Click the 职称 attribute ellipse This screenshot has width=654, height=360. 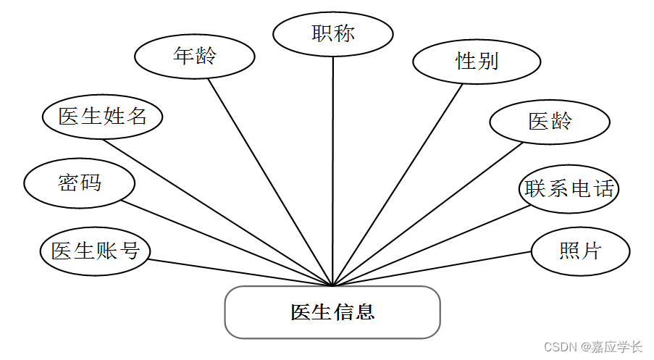[333, 33]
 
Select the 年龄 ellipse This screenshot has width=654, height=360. [196, 56]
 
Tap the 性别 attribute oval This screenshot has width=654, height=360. [477, 62]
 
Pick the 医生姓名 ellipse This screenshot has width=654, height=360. [101, 117]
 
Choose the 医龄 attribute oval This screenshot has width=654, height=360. [550, 122]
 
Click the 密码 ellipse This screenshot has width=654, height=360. [80, 183]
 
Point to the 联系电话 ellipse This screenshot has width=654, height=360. [570, 189]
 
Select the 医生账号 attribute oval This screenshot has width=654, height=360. [95, 251]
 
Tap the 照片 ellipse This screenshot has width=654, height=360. [580, 251]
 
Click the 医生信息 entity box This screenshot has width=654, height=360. [332, 312]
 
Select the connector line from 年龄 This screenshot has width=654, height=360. [270, 181]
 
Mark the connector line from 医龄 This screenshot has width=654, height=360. [427, 213]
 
